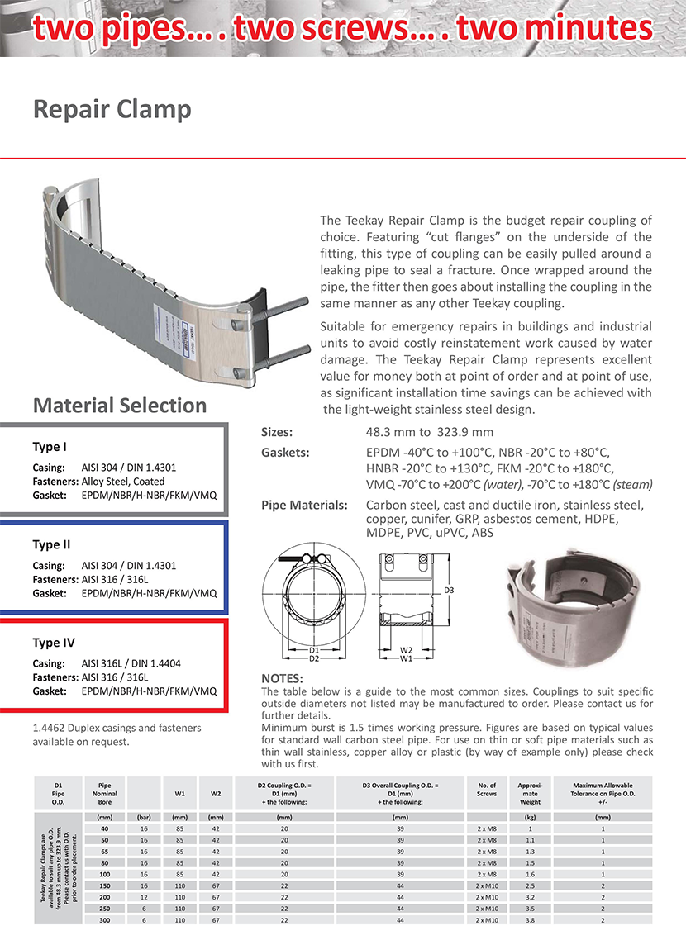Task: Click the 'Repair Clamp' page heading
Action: coord(112,110)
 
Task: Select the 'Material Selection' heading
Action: coord(119,406)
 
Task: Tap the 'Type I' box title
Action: coord(50,447)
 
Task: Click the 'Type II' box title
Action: coord(51,545)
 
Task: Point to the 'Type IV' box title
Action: coord(53,643)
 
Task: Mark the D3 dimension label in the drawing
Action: coord(450,591)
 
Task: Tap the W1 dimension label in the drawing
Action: coord(405,659)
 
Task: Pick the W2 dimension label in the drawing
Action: coord(405,650)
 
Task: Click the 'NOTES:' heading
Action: coord(282,679)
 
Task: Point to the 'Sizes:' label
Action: coord(277,432)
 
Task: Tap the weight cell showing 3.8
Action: coord(530,919)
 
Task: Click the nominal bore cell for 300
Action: coord(104,919)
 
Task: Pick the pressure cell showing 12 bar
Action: coord(144,896)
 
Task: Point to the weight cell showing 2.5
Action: coord(530,885)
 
